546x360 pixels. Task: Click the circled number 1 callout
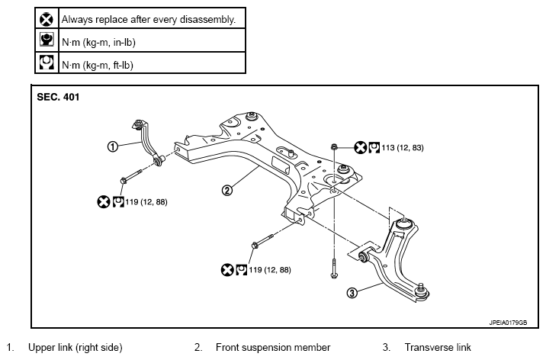tap(112, 146)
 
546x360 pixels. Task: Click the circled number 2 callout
tap(227, 191)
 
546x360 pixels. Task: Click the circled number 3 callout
tap(352, 293)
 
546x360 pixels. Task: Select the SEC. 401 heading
tap(58, 97)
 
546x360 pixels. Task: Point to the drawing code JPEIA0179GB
tap(508, 323)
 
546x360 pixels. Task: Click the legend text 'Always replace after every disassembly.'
tap(149, 20)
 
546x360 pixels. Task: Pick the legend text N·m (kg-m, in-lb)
tap(98, 43)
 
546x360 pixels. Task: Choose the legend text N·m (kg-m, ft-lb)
tap(98, 65)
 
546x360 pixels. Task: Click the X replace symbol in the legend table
tap(47, 19)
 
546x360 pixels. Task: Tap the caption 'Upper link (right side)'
tap(75, 348)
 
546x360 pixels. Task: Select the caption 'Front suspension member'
tap(273, 348)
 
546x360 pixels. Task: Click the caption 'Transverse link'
tap(438, 348)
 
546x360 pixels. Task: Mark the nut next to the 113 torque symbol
tap(334, 147)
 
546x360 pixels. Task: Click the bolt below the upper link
tap(131, 176)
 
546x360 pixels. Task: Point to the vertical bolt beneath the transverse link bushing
tap(334, 268)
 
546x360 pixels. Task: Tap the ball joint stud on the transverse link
tap(422, 288)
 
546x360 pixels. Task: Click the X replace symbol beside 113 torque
tap(361, 148)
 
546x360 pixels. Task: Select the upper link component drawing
tap(148, 143)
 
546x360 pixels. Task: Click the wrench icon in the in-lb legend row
tap(47, 40)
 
